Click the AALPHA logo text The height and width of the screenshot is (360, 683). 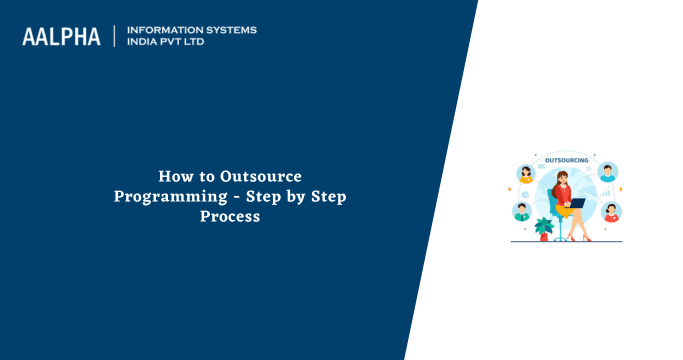[x=61, y=37]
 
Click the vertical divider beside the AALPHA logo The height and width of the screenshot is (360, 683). [x=114, y=36]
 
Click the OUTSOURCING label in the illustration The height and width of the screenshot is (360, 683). [x=566, y=160]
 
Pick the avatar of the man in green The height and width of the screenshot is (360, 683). [x=522, y=211]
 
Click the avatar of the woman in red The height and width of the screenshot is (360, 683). [x=611, y=212]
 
